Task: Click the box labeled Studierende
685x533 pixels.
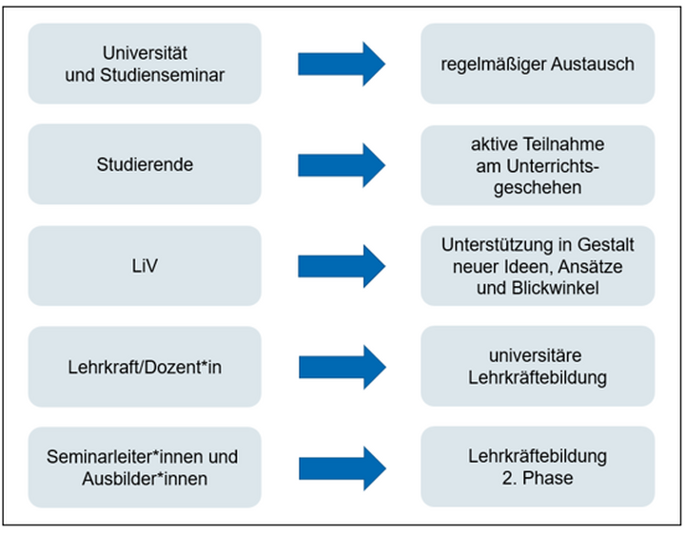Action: click(144, 164)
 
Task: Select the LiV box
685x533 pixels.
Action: click(144, 266)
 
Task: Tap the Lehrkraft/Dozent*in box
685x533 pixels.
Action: click(144, 367)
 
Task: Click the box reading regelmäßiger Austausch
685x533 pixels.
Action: click(538, 65)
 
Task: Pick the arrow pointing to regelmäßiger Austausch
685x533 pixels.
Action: click(342, 65)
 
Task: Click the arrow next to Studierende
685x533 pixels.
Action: click(342, 164)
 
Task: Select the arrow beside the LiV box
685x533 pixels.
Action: click(342, 266)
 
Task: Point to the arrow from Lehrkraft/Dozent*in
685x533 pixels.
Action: click(342, 367)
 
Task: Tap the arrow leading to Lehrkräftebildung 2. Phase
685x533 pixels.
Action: click(342, 467)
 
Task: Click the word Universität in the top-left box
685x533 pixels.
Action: click(144, 54)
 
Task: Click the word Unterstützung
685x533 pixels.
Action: click(491, 245)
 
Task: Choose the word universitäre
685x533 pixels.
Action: click(538, 356)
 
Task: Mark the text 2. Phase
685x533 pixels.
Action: click(538, 478)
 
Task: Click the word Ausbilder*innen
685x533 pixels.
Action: click(144, 478)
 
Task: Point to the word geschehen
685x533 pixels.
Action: click(538, 186)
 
